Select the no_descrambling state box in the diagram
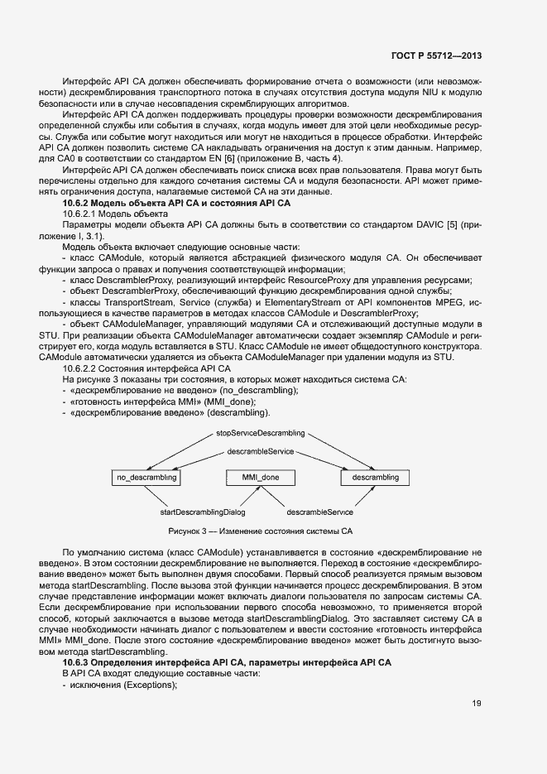coord(147,478)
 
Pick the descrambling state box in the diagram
coord(375,478)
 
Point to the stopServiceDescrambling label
coord(261,433)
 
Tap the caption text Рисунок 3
coord(193,531)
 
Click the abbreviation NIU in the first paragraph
coord(434,93)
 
